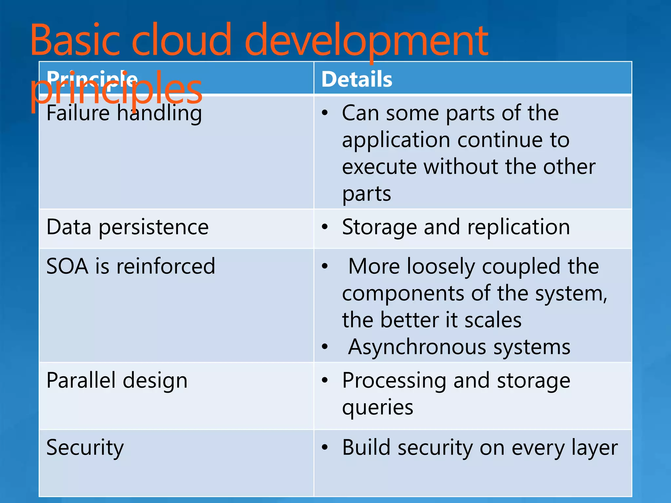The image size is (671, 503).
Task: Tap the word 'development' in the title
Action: (x=366, y=41)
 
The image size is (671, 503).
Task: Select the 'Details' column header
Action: (x=356, y=79)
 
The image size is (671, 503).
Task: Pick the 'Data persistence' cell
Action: (x=127, y=227)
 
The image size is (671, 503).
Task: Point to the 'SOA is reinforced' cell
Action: (x=131, y=266)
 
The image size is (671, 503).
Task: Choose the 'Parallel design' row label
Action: (x=117, y=380)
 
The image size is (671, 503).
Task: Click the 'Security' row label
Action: (x=85, y=447)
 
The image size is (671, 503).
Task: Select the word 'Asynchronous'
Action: (x=417, y=347)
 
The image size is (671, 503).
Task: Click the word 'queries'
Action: (x=377, y=408)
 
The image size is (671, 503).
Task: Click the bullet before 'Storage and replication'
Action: (x=325, y=227)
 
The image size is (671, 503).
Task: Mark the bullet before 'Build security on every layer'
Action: (x=325, y=447)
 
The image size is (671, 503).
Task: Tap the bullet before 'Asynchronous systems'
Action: (x=325, y=347)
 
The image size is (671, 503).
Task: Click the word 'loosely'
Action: (x=441, y=266)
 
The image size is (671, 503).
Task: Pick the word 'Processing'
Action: (x=394, y=381)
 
